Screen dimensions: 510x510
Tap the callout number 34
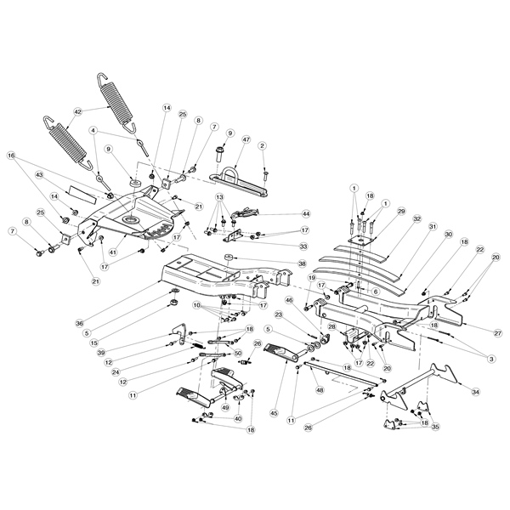coord(474,392)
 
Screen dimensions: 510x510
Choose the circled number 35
coord(437,428)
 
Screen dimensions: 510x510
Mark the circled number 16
coord(12,156)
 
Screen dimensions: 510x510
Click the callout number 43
coord(39,174)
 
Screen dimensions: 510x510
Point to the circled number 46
coord(289,300)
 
